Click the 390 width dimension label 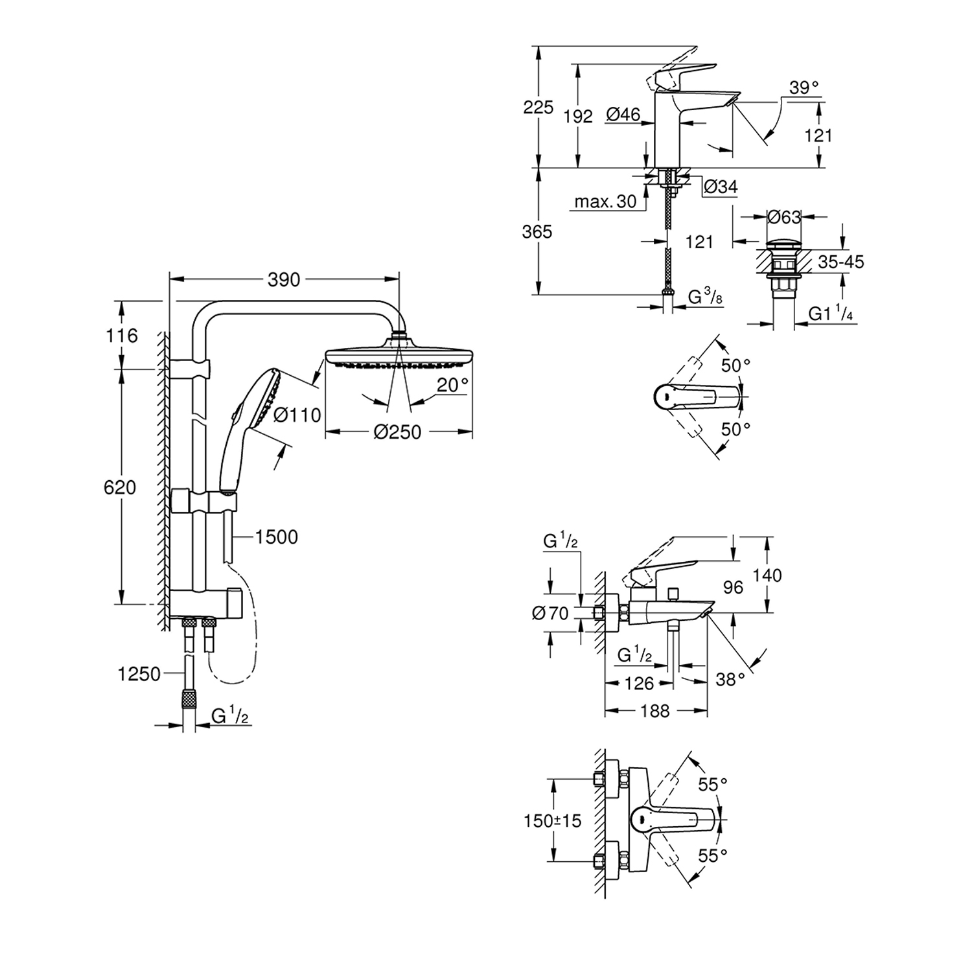284,279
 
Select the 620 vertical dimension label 120,487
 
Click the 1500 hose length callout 276,537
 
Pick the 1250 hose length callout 139,674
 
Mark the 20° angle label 452,385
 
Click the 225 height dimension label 538,107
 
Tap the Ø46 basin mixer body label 623,115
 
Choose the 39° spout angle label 804,87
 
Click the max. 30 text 606,202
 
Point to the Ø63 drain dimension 784,217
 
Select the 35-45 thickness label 841,262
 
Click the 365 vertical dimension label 537,231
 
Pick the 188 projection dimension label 654,711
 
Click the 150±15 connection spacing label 553,821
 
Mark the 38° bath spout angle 730,679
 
